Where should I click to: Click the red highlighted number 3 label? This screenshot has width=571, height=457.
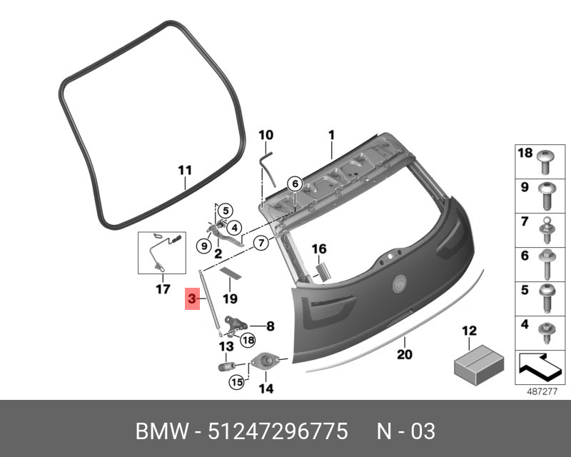coord(192,299)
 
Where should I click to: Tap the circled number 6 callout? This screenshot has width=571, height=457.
coord(295,184)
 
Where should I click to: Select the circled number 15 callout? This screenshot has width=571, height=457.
coord(236,382)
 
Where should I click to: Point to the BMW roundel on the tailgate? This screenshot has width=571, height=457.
coord(399,283)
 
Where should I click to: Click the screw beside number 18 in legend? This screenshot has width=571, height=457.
coord(546,162)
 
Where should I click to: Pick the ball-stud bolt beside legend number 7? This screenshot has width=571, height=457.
coord(547,231)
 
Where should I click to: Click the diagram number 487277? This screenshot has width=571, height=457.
coord(542,392)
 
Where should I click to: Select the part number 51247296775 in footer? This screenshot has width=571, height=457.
coord(278,431)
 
